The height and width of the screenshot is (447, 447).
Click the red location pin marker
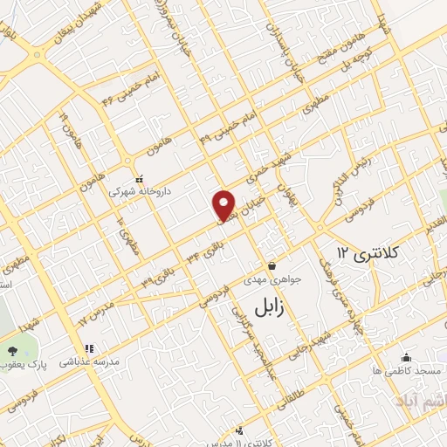point(224,204)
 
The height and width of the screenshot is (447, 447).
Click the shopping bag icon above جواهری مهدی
point(272,265)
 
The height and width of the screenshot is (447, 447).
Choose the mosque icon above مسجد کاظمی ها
point(406,357)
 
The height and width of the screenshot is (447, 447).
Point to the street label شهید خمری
point(267,172)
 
